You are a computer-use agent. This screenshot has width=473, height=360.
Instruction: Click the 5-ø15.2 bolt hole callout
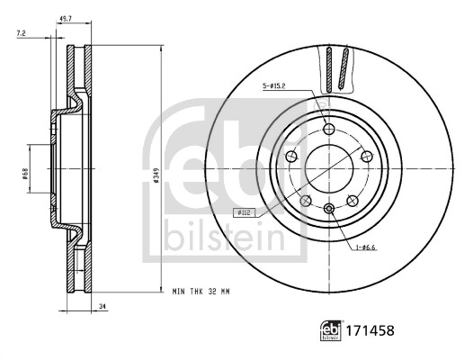pyautogui.click(x=274, y=86)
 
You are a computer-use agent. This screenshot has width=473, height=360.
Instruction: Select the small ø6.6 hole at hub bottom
pyautogui.click(x=329, y=209)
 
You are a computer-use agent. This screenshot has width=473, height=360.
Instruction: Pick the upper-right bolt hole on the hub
pyautogui.click(x=367, y=156)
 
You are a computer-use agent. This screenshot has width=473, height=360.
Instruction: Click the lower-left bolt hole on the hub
pyautogui.click(x=306, y=200)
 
